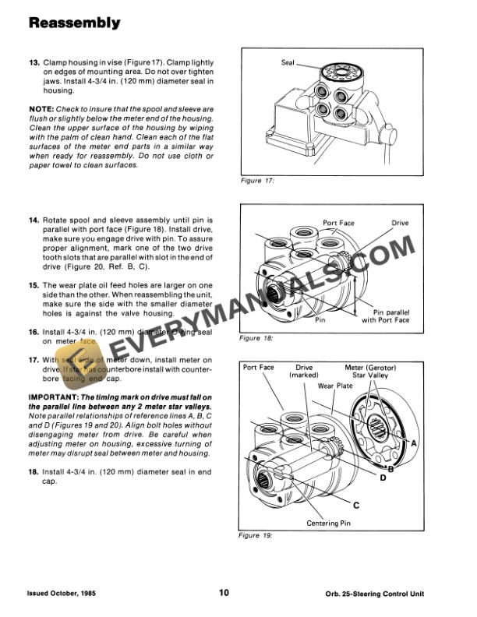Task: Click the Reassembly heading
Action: [x=75, y=23]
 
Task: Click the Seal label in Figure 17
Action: [x=288, y=62]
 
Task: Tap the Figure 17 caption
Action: [x=260, y=182]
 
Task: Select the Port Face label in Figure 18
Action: [x=338, y=224]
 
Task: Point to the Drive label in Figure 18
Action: [x=400, y=224]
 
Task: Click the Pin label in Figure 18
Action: [x=320, y=319]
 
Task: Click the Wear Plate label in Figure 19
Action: [x=335, y=386]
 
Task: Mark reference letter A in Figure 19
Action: [x=413, y=442]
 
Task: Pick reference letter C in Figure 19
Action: [x=355, y=505]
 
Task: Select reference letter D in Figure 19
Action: [x=383, y=478]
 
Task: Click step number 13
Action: [x=34, y=62]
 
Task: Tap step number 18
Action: [x=34, y=472]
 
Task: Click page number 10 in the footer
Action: [x=224, y=593]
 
